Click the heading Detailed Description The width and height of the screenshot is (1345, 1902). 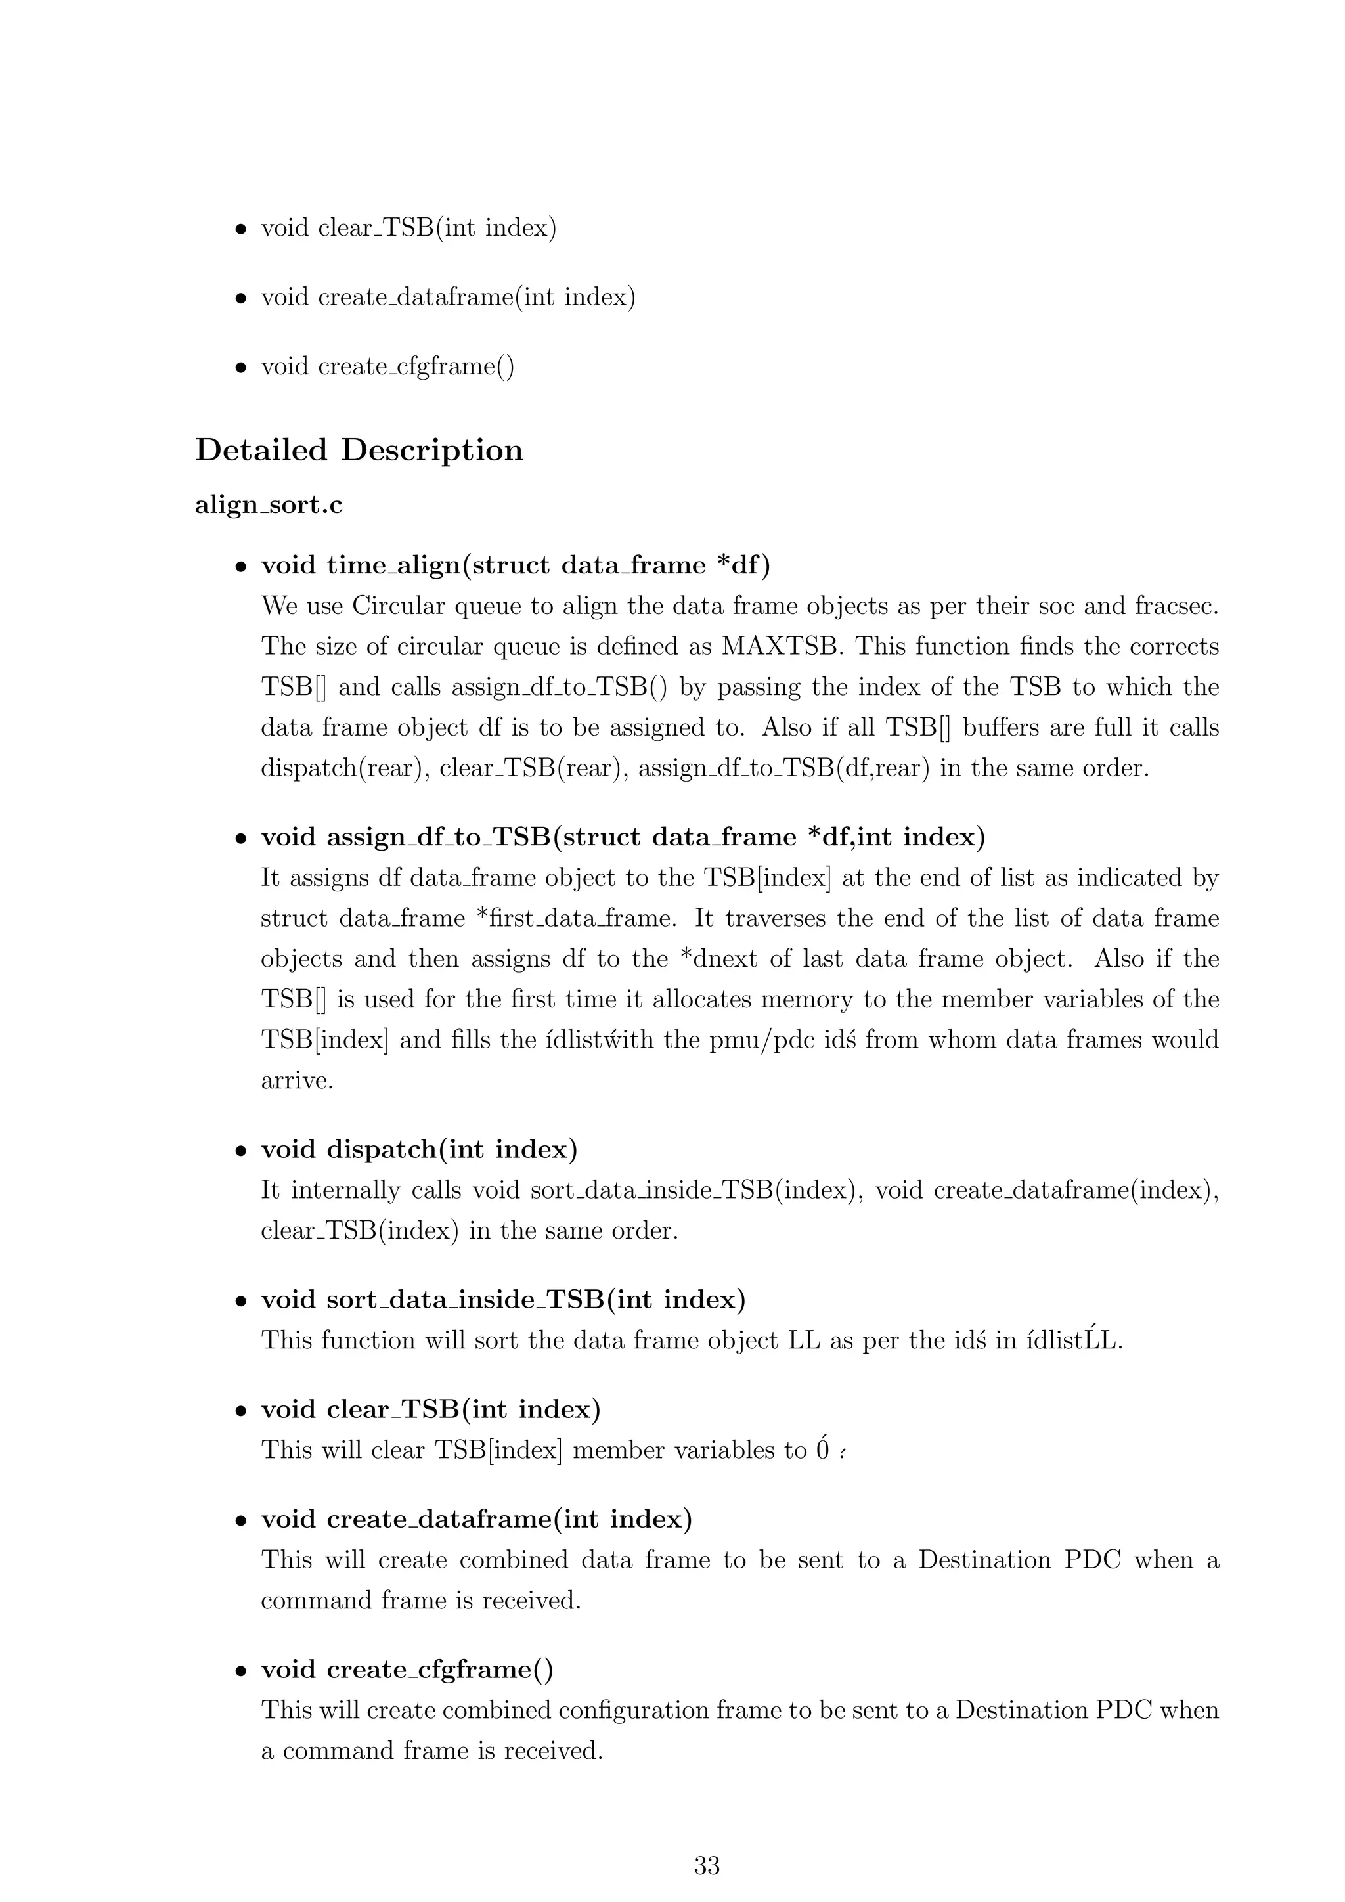point(359,450)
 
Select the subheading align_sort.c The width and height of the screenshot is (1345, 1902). point(269,504)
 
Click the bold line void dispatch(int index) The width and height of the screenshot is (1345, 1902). point(419,1149)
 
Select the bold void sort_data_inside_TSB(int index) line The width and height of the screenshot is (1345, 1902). point(502,1299)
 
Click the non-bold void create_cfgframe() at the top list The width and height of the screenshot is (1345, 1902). point(387,366)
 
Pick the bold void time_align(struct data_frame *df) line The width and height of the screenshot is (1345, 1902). point(515,565)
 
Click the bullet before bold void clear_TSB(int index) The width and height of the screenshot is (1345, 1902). point(241,1410)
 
